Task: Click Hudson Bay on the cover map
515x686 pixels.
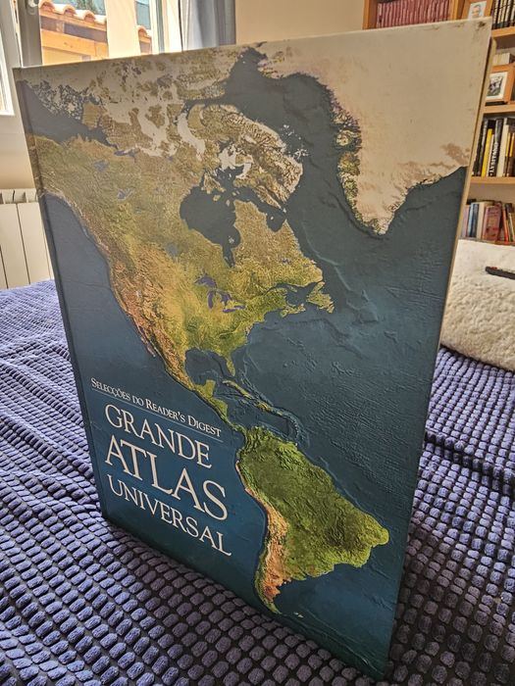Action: (211, 211)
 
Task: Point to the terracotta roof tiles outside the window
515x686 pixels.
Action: (74, 15)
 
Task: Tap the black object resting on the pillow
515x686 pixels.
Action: (500, 271)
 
